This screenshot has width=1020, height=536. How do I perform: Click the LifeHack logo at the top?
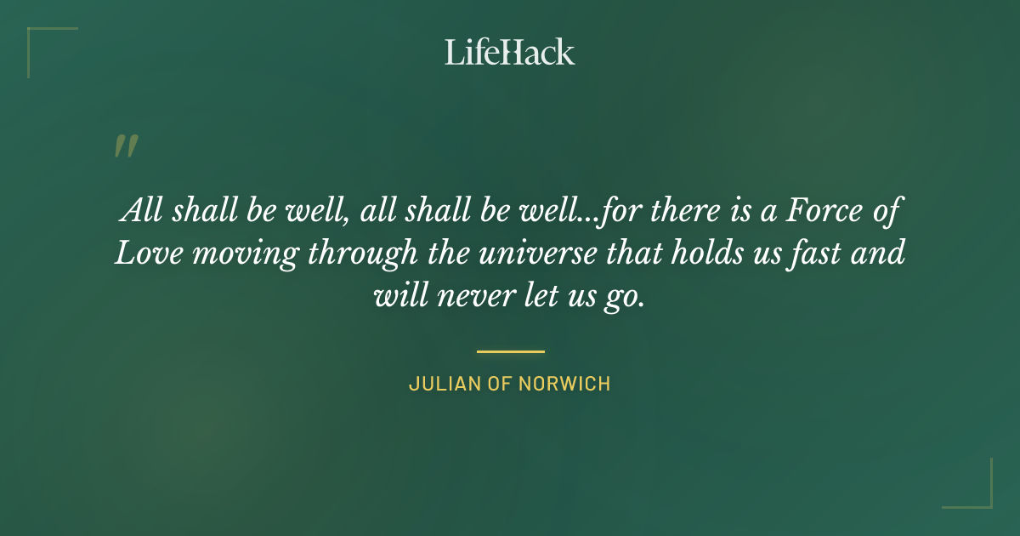click(x=509, y=52)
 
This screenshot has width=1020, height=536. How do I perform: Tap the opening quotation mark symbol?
click(x=126, y=146)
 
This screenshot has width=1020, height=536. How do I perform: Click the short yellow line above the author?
click(x=510, y=351)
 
